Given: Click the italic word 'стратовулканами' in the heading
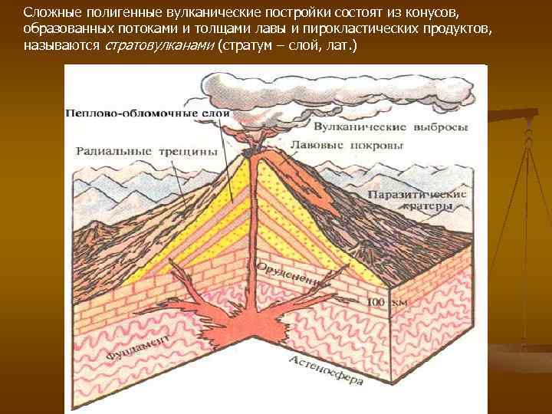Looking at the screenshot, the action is [159, 46].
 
